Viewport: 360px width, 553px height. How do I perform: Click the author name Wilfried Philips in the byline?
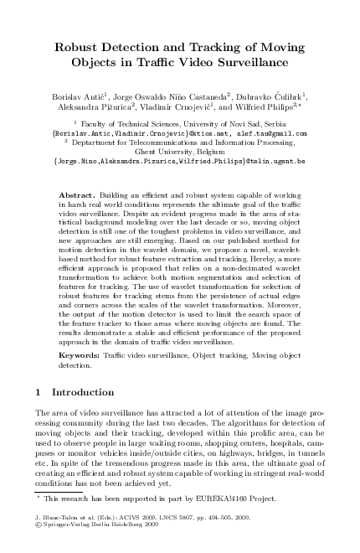tap(270, 110)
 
